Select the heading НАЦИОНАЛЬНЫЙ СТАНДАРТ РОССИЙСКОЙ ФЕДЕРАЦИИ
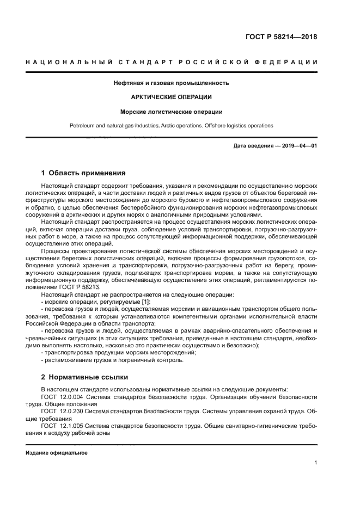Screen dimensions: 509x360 click(172, 63)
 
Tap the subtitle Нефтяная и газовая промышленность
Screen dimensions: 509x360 click(171, 83)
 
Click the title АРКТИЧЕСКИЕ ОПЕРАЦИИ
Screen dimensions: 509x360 click(171, 97)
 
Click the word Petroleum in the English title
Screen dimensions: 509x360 click(83, 126)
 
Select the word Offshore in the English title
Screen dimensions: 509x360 click(220, 126)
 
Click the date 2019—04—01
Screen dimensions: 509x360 click(299, 146)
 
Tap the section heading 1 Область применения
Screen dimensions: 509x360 click(83, 173)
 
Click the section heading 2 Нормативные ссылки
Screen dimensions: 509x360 click(84, 377)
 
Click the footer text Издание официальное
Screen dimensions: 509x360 click(57, 453)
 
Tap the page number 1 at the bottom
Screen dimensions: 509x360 click(316, 463)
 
